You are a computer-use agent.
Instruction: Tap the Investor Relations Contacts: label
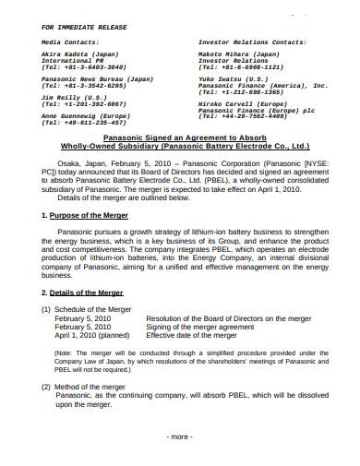253,42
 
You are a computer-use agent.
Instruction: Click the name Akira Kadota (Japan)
83,55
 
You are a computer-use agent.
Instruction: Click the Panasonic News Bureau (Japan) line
97,79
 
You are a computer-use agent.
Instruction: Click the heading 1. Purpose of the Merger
86,241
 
